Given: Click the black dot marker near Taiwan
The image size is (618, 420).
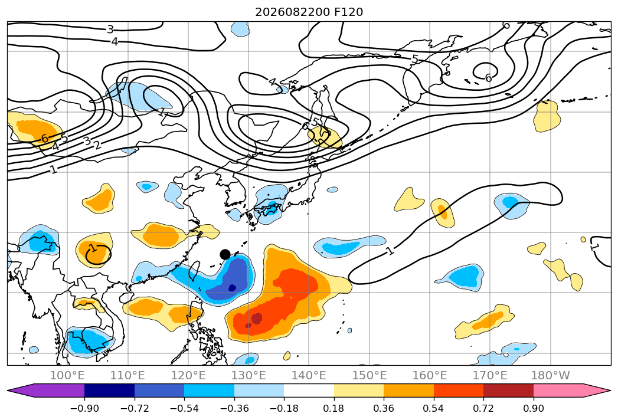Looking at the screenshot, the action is coord(225,254).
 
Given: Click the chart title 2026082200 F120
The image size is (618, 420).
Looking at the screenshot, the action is coord(309,12).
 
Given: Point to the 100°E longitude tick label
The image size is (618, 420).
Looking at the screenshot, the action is coord(67,375).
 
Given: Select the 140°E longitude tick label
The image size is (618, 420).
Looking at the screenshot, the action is coord(309,375).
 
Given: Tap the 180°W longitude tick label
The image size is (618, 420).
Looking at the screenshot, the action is coord(550,375).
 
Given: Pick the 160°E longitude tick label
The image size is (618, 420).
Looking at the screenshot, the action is coord(430,375).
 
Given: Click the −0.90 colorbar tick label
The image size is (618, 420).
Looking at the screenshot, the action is coord(84,408).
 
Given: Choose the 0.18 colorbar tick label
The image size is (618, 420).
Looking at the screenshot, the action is coord(334,408).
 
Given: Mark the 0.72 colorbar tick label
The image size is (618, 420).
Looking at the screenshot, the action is coord(483,408).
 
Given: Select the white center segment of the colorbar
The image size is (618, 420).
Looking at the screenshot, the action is coord(309,390).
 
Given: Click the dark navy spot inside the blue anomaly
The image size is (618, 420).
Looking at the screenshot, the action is coord(232,288).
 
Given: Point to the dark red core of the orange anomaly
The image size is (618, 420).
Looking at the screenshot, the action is coord(256,319).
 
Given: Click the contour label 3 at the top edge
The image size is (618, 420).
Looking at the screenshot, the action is coord(110,29).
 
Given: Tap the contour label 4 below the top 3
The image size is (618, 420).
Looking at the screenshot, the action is coord(115,41).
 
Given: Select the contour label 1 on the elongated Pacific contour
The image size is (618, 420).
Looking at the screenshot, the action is coord(390,250).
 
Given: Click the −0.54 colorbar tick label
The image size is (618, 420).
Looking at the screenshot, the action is coord(184,408).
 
